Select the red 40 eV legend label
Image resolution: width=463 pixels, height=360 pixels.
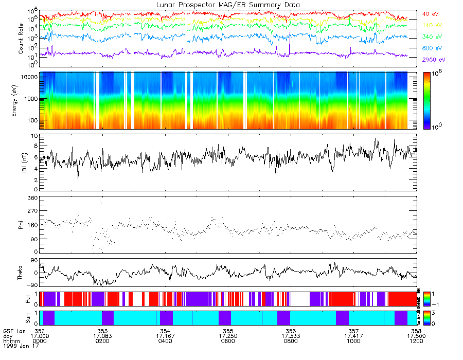coord(431,13)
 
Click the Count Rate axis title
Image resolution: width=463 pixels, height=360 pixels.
coord(21,39)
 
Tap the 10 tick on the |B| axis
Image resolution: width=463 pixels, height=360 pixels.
coord(34,136)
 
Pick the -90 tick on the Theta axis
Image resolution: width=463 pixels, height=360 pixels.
coord(31,285)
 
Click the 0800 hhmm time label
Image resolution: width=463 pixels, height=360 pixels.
coord(291,343)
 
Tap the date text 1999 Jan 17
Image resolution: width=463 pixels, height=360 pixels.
coord(17,348)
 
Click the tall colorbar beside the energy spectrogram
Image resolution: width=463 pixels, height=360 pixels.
coord(427,100)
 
